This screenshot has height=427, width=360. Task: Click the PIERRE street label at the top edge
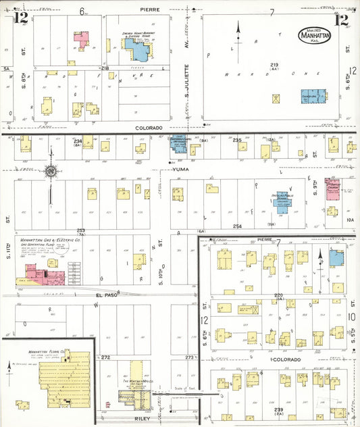pyautogui.click(x=150, y=10)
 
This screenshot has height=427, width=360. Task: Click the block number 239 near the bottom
pyautogui.click(x=279, y=410)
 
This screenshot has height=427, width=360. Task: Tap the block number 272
pyautogui.click(x=105, y=357)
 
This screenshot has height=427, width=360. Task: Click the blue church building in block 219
pyautogui.click(x=312, y=97)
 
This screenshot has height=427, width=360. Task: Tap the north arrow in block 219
pyautogui.click(x=238, y=30)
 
